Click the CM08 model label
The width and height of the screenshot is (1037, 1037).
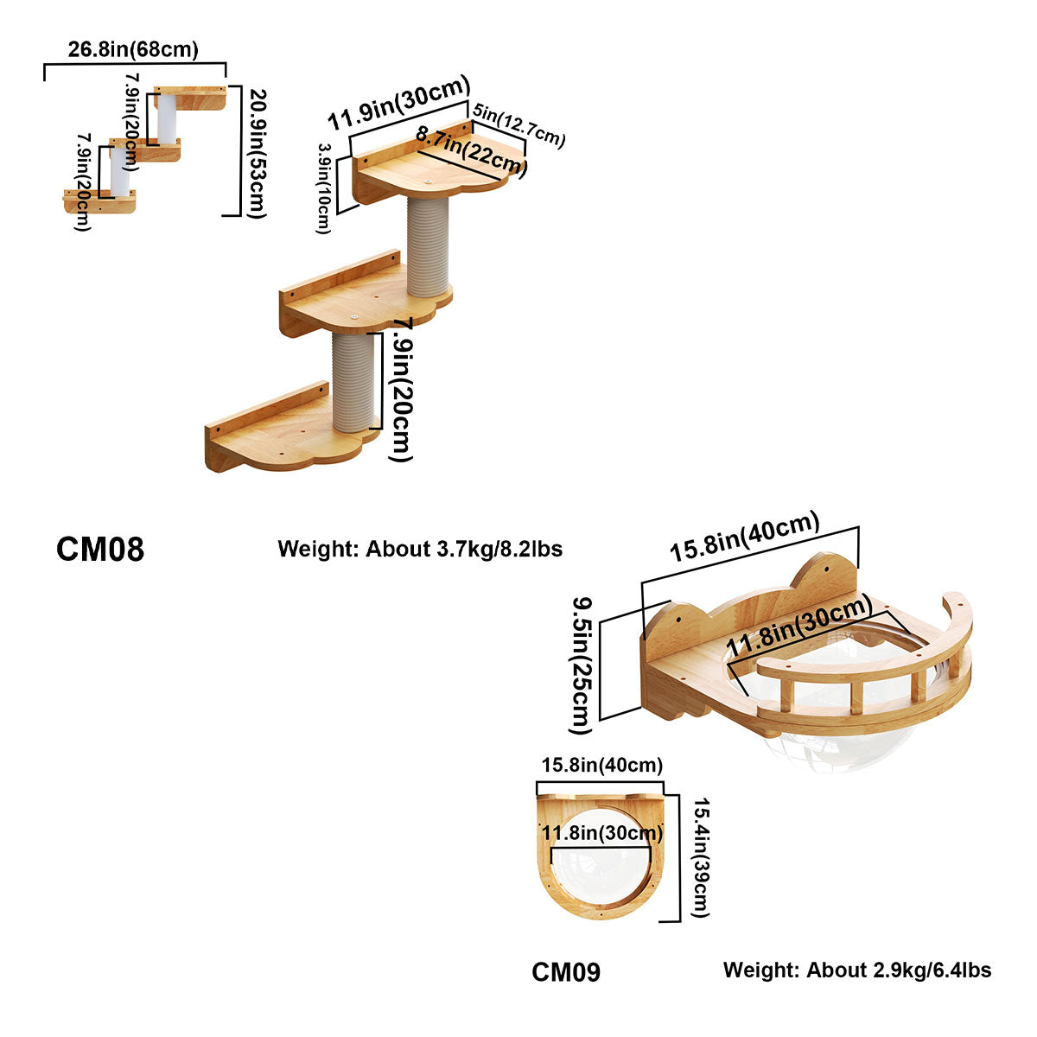click(x=100, y=549)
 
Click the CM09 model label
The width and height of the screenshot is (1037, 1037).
click(x=566, y=972)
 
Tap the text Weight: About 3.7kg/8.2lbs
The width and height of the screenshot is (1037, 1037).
click(x=420, y=549)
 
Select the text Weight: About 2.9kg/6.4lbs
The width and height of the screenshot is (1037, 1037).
click(x=857, y=970)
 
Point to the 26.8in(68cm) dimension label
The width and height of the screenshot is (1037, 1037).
click(x=133, y=49)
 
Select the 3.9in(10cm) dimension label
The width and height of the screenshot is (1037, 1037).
click(x=324, y=188)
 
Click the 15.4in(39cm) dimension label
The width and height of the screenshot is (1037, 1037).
click(x=700, y=858)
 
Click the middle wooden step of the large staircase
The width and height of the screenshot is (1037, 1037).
click(x=363, y=299)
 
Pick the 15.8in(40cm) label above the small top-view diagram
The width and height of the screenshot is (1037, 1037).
click(x=601, y=766)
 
